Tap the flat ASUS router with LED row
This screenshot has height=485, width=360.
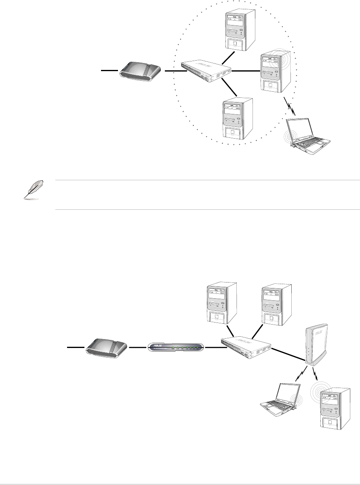[x=176, y=347]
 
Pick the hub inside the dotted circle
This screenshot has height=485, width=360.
[x=206, y=70]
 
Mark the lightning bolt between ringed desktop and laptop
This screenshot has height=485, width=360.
[x=290, y=108]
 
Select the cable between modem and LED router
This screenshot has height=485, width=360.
[x=137, y=347]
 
